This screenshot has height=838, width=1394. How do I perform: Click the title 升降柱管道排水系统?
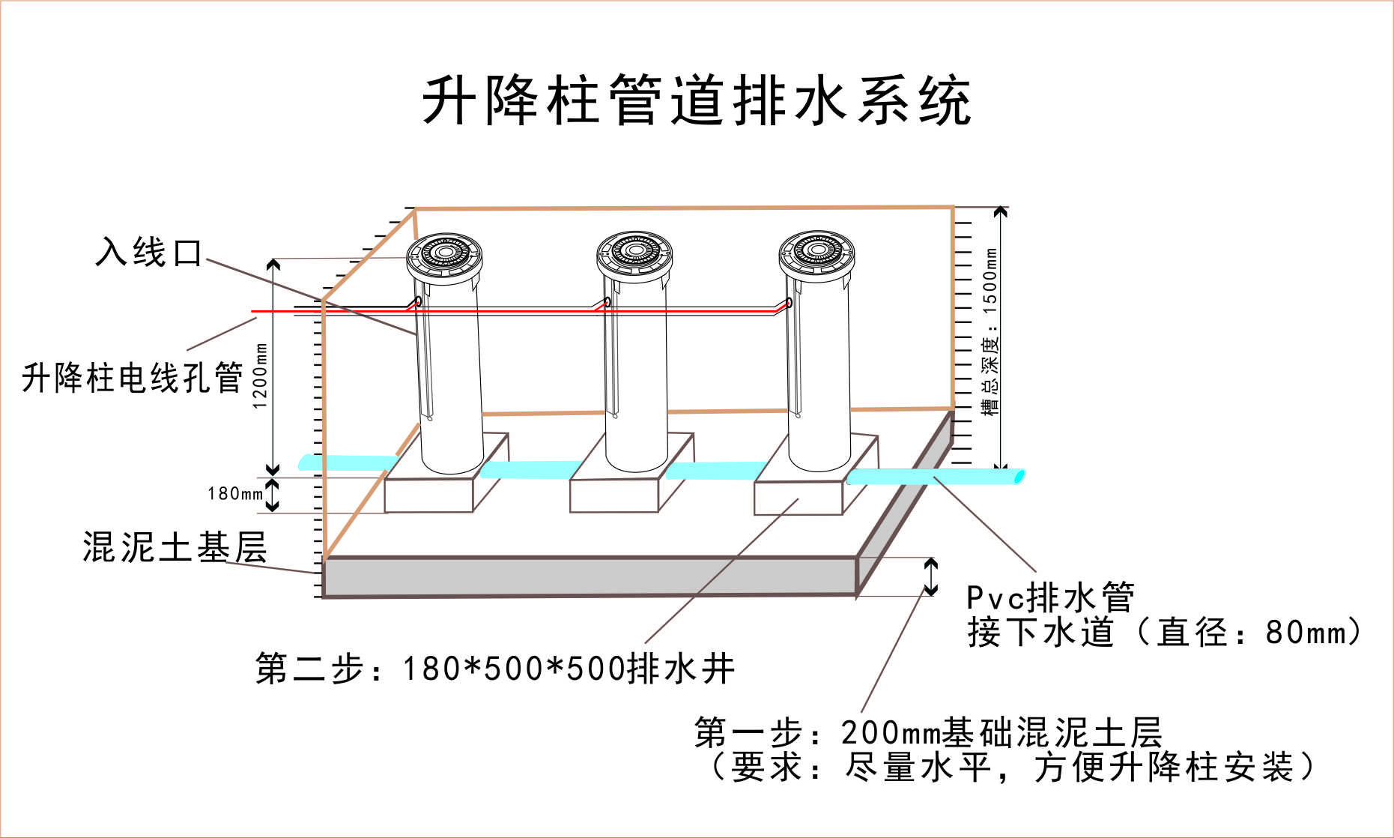click(697, 100)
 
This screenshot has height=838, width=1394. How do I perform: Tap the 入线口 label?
click(149, 253)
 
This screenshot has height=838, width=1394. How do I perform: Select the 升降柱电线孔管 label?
click(133, 377)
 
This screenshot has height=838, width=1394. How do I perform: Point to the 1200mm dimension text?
click(260, 376)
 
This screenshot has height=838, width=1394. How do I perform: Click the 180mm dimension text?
click(235, 493)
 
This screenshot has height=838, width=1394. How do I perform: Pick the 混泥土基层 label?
click(175, 547)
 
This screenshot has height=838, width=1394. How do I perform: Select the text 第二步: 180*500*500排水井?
click(494, 668)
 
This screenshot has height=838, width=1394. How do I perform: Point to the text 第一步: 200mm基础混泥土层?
click(927, 732)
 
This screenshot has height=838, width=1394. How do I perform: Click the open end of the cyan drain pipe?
click(1018, 477)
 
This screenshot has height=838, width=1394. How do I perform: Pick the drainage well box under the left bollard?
click(428, 495)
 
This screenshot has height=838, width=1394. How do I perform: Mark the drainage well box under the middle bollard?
click(613, 495)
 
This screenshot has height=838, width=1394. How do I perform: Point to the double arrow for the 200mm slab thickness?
click(930, 576)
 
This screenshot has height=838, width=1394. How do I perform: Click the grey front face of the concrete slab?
click(589, 576)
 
